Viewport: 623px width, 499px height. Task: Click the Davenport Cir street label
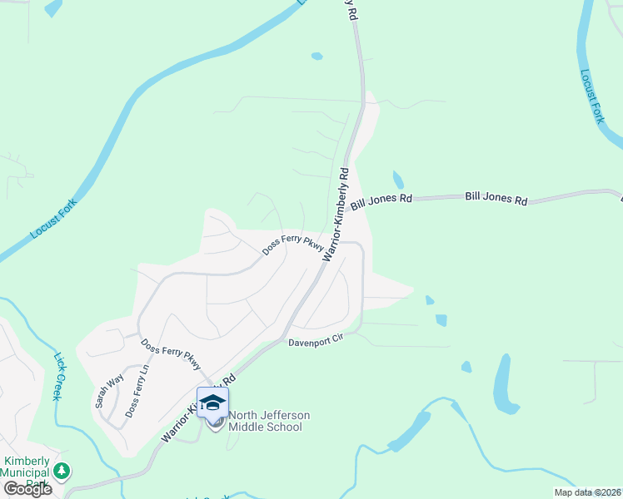316,342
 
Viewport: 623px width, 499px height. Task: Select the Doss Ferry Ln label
136,391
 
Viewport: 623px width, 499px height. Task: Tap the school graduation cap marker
212,403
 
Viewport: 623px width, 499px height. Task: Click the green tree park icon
61,472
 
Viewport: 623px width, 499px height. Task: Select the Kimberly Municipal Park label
27,472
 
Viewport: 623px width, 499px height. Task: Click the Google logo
28,488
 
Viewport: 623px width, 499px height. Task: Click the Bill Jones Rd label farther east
496,199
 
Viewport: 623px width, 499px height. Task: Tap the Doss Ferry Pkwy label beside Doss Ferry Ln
171,355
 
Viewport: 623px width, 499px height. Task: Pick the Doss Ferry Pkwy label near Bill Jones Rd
292,245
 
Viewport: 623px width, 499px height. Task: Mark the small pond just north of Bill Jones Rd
398,180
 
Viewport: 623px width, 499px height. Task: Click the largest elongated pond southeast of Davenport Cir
503,384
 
